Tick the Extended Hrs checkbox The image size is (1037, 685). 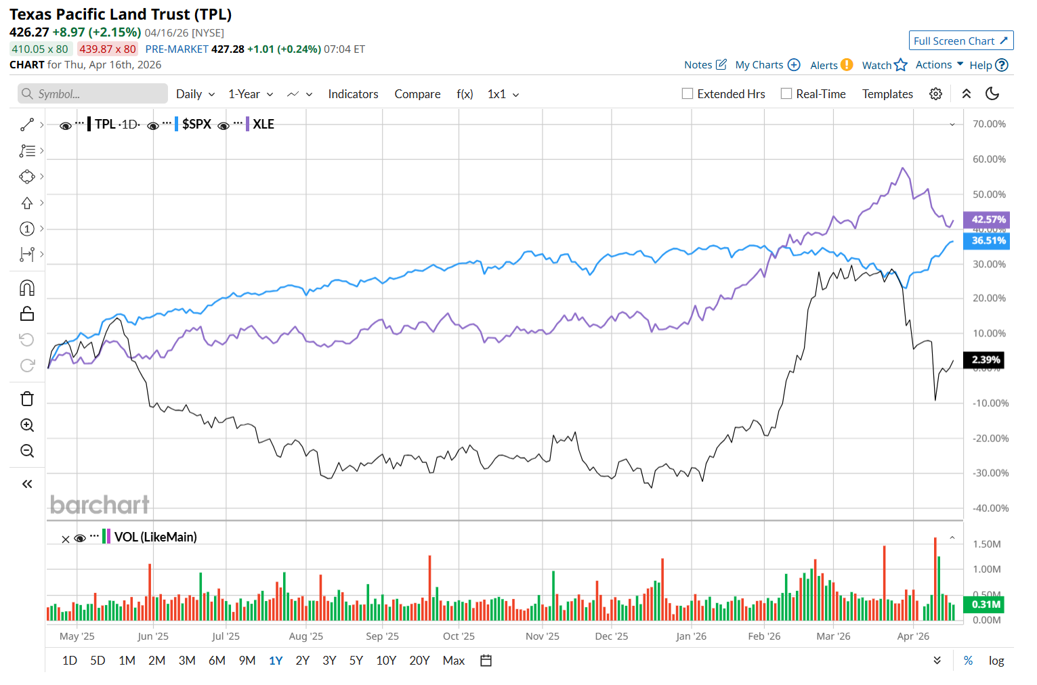pos(687,94)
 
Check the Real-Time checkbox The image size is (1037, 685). pos(786,94)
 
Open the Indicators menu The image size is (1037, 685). pos(353,94)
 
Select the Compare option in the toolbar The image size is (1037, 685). pos(417,94)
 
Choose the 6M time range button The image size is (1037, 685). pos(217,661)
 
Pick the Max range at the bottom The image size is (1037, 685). pos(453,661)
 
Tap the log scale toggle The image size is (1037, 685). pos(996,661)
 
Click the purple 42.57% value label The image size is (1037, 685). pos(988,219)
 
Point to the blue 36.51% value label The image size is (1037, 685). pos(988,240)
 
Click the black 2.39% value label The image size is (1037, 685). pos(986,359)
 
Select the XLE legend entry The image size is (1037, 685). pos(263,125)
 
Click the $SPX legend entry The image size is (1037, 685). pos(196,125)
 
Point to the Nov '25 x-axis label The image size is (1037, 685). pos(543,636)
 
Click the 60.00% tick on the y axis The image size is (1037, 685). pos(989,159)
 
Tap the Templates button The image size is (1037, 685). pos(887,94)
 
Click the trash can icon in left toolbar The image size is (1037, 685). pos(27,399)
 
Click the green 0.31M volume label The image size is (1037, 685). pos(986,604)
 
